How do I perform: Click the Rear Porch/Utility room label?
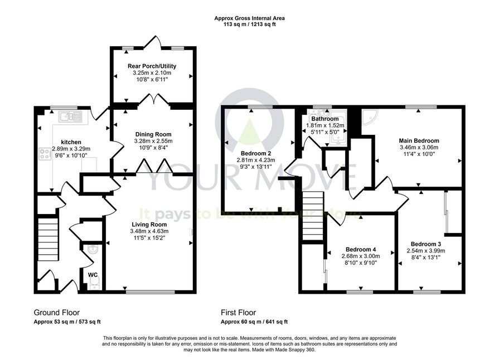(x=152, y=66)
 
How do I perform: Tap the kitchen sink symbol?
(x=70, y=116)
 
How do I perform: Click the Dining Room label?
(x=153, y=134)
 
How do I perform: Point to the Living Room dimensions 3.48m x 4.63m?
(x=149, y=231)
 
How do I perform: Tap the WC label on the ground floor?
(x=93, y=275)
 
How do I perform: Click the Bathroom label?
(x=325, y=119)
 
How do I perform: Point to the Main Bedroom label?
(x=419, y=140)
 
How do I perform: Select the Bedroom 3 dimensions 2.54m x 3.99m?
(x=425, y=251)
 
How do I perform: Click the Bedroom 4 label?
(x=361, y=249)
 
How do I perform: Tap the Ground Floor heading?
(x=57, y=313)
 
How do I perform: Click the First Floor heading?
(x=239, y=313)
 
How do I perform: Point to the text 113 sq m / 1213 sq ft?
(x=250, y=24)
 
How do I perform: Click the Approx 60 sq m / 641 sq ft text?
(x=254, y=322)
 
